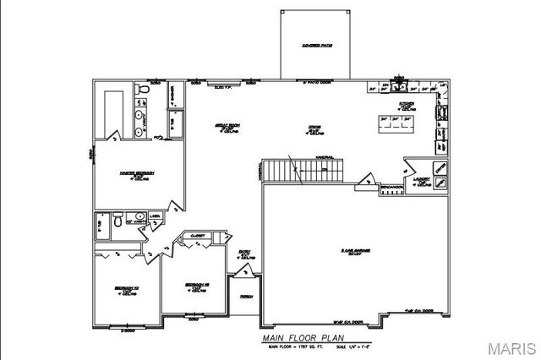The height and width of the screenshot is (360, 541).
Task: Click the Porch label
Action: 246,297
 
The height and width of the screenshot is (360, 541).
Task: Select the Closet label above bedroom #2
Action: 199,236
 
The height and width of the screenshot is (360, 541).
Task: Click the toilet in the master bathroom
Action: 144,88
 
